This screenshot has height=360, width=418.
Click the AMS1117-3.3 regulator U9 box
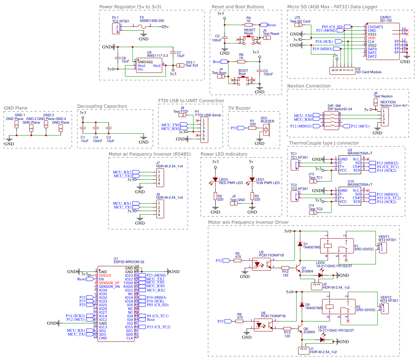pos(149,65)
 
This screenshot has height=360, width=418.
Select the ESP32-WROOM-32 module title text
pos(129,262)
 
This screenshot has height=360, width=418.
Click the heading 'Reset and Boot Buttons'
pos(238,7)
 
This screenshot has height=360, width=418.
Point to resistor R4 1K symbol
pos(249,25)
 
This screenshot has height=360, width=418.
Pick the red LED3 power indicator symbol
pos(215,181)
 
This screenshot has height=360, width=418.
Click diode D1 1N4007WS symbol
pos(299,244)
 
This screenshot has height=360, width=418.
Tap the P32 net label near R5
pos(219,261)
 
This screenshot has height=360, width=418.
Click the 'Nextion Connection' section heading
pos(309,86)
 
